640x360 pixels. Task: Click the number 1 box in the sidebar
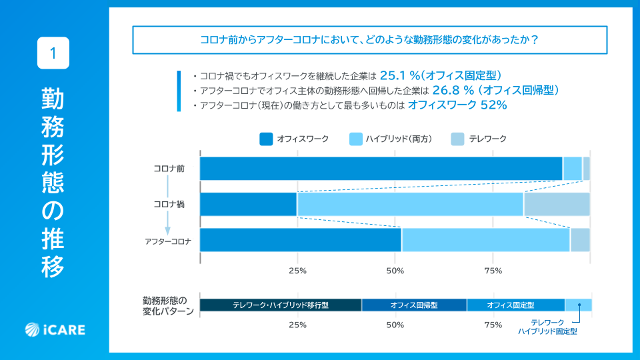point(53,53)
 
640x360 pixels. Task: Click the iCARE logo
point(55,329)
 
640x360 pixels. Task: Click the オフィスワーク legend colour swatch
point(265,139)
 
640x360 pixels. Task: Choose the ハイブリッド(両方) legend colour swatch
point(355,139)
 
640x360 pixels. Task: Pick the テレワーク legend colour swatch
point(457,139)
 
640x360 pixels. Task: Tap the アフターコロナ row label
point(168,241)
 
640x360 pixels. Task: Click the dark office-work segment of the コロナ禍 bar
point(248,204)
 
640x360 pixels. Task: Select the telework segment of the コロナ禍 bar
point(557,204)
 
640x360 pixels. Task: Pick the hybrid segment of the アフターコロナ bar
point(485,240)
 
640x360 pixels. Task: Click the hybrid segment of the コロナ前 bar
point(573,169)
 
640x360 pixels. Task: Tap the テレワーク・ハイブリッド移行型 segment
point(281,305)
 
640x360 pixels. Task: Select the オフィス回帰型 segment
point(414,305)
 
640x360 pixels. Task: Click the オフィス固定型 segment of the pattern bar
point(515,305)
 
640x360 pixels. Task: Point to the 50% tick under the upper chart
point(395,271)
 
